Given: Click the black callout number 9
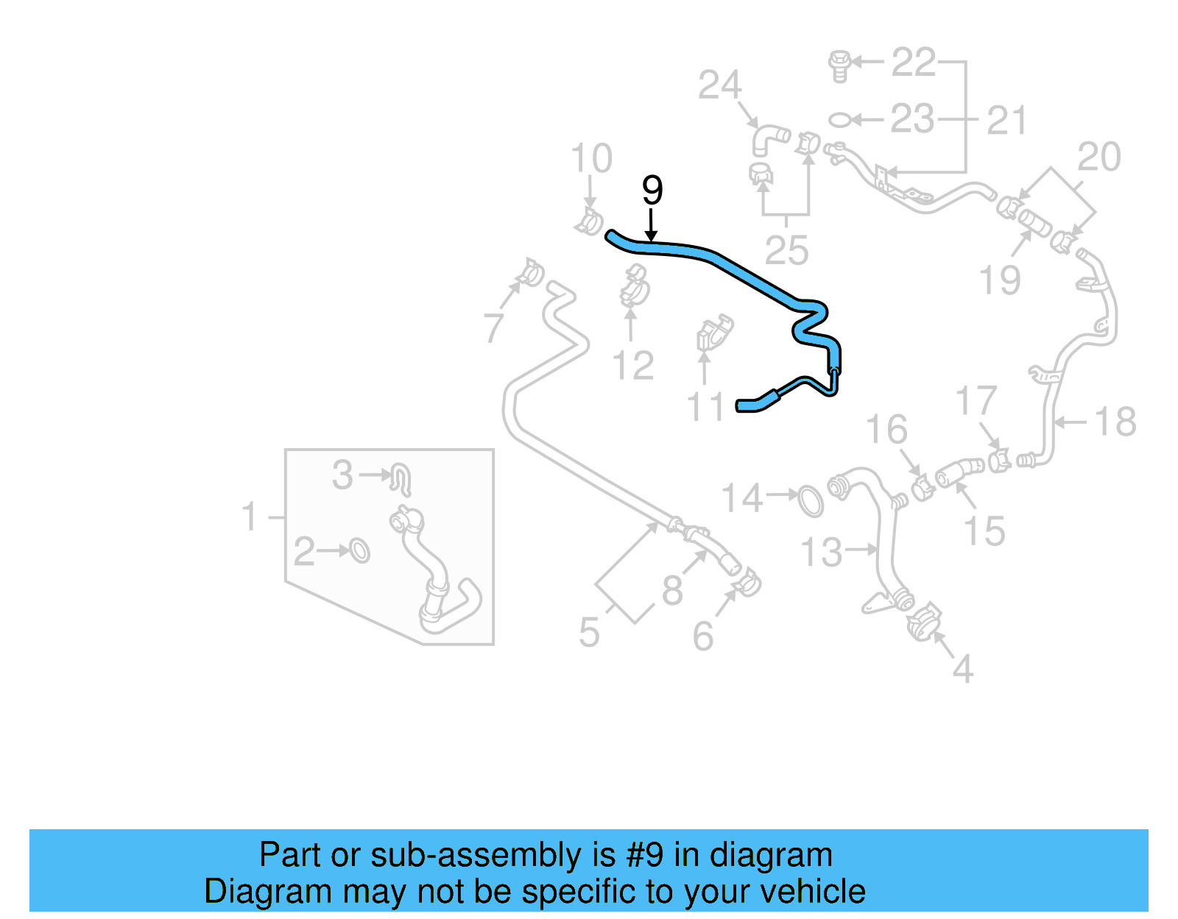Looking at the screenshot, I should pyautogui.click(x=652, y=191).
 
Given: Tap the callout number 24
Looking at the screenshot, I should pyautogui.click(x=719, y=85).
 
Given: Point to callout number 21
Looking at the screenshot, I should pyautogui.click(x=1006, y=120).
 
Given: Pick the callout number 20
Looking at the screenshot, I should pyautogui.click(x=1098, y=157).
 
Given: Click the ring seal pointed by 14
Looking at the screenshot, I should pyautogui.click(x=810, y=500).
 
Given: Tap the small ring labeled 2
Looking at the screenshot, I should pyautogui.click(x=359, y=550).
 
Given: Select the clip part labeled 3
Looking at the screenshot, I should pyautogui.click(x=400, y=478).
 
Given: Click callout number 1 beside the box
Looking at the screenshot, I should pyautogui.click(x=250, y=517).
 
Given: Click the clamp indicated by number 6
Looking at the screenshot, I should pyautogui.click(x=747, y=583).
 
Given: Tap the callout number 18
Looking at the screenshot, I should pyautogui.click(x=1115, y=422).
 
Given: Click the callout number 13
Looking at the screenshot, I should pyautogui.click(x=821, y=552).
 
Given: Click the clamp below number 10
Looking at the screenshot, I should pyautogui.click(x=589, y=221).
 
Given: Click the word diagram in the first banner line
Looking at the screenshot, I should pyautogui.click(x=771, y=855).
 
